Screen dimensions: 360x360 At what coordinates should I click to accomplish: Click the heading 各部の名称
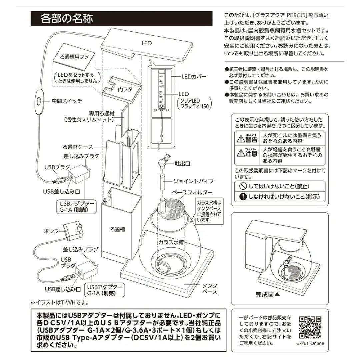[x=66, y=18]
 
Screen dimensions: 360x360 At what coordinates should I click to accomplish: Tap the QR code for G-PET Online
[x=310, y=326]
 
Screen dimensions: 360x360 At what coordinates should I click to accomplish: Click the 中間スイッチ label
[x=67, y=100]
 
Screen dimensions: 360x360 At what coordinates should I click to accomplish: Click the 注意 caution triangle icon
[x=240, y=153]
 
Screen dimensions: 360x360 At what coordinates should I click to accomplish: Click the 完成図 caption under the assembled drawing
[x=267, y=294]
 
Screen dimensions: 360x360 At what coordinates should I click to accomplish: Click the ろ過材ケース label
[x=78, y=147]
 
